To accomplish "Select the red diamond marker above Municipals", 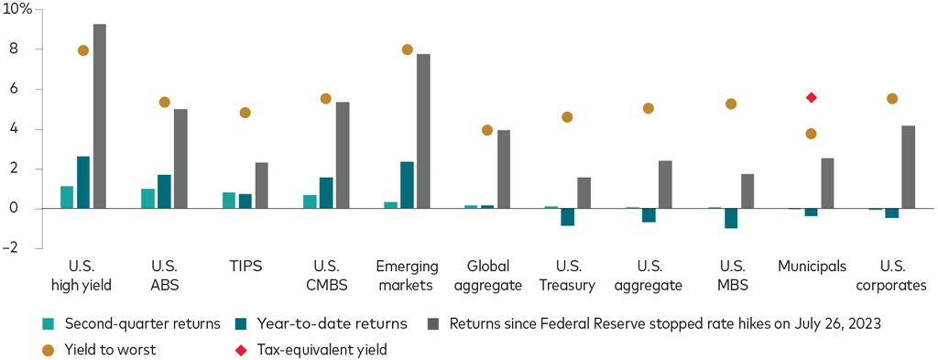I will (x=811, y=97).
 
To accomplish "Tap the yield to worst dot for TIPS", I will (x=245, y=113).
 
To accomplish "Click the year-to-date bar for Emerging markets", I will (x=407, y=185).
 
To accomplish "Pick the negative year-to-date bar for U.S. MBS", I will (x=730, y=218).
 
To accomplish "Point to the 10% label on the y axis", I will (x=17, y=9).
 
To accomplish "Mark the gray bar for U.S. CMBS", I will (x=343, y=155).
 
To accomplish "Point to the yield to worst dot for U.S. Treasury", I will (x=567, y=117).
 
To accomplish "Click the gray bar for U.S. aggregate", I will (x=665, y=184).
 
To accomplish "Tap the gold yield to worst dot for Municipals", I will (x=811, y=134).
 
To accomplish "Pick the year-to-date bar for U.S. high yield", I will (x=83, y=182).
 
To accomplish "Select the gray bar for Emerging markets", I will (x=423, y=131).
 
